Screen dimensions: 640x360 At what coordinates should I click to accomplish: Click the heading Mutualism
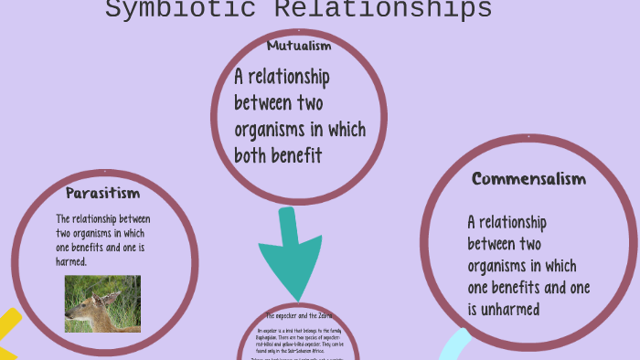pos(299,46)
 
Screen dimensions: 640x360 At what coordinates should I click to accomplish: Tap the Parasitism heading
pos(102,193)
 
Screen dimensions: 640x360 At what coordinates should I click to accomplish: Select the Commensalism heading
pos(528,179)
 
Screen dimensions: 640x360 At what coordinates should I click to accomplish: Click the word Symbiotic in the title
pos(170,10)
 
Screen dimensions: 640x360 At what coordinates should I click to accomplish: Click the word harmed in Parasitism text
pos(71,261)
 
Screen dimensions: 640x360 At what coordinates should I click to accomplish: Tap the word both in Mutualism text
pos(250,155)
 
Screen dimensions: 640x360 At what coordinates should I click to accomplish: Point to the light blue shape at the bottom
pos(453,347)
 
